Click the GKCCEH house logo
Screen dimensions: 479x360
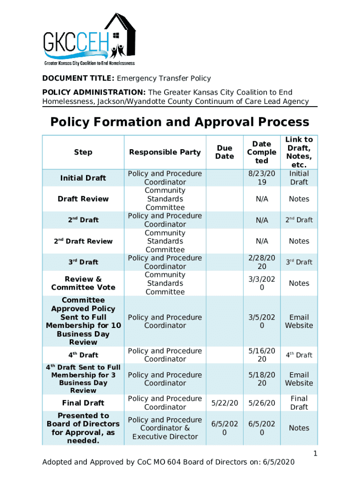click(89, 40)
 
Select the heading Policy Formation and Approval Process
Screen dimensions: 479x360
click(180, 122)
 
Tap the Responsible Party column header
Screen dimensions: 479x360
click(165, 152)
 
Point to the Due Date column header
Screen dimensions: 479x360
click(224, 152)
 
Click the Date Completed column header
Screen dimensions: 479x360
click(262, 152)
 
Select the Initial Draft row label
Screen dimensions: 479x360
click(83, 178)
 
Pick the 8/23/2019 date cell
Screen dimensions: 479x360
click(262, 178)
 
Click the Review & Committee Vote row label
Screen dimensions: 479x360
click(83, 283)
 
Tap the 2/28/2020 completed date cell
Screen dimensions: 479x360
click(262, 262)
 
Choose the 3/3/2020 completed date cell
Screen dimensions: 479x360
click(262, 283)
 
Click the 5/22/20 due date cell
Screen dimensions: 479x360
click(224, 403)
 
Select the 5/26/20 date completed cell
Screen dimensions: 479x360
click(262, 403)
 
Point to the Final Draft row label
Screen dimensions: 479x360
click(83, 403)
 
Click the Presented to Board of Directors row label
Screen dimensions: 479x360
click(83, 428)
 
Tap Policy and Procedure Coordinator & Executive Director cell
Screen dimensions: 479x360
click(165, 428)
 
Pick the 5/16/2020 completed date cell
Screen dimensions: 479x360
click(262, 355)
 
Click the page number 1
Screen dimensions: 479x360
click(316, 453)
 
